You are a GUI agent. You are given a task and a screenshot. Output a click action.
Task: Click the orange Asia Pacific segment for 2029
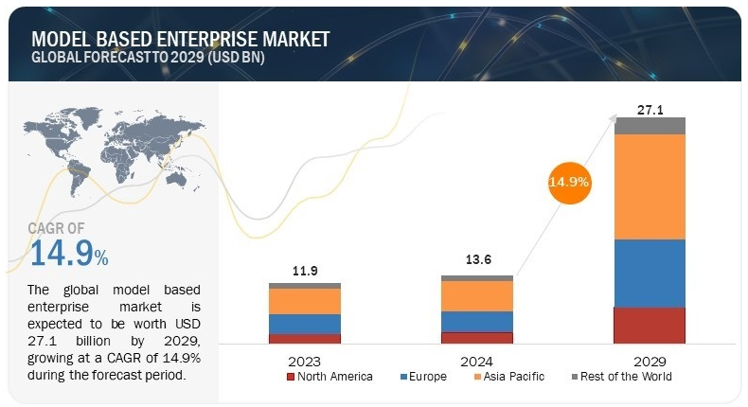coord(649,186)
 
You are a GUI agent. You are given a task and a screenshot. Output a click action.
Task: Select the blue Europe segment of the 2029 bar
coord(649,273)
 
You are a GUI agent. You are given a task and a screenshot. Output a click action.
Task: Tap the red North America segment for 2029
coord(649,325)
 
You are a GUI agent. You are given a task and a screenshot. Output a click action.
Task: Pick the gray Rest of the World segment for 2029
coord(649,126)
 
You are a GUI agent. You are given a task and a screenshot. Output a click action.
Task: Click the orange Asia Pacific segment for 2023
coord(305,301)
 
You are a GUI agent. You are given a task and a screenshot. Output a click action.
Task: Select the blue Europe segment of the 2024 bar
coord(477,322)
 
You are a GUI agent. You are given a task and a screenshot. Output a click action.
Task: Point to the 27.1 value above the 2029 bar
coord(650,110)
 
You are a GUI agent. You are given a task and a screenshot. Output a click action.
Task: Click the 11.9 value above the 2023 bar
coord(305,271)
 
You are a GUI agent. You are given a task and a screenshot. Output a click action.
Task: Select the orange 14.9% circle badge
coord(570,180)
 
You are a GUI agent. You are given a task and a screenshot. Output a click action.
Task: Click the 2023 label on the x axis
coord(305,362)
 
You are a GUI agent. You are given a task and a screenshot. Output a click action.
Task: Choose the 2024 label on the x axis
coord(477,362)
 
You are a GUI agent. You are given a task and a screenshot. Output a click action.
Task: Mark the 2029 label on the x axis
coord(650,362)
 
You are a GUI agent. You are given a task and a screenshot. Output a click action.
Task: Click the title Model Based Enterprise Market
coord(180,39)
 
